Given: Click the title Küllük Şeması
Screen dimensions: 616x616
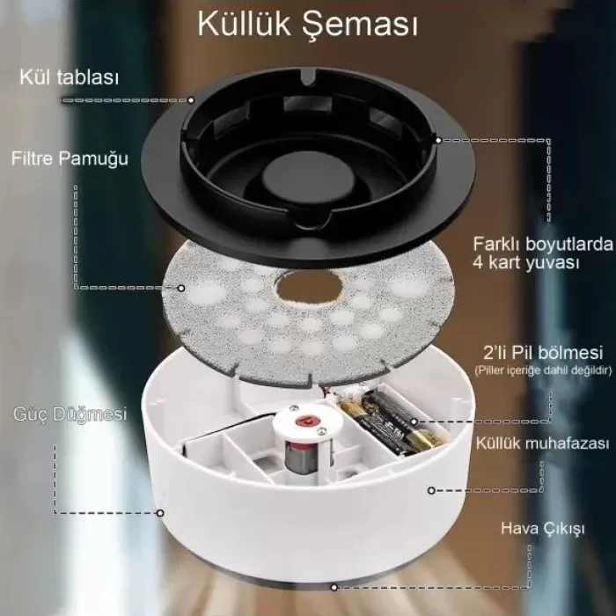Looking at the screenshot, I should [x=307, y=25].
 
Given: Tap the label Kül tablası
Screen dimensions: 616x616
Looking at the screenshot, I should [x=69, y=77].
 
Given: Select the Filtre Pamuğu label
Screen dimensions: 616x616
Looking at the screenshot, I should [x=70, y=159].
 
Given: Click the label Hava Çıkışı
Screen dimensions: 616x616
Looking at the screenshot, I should [x=531, y=528].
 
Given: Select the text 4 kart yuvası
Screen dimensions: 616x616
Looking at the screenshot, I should [x=516, y=260].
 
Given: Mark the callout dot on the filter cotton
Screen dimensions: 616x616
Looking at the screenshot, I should [x=182, y=287].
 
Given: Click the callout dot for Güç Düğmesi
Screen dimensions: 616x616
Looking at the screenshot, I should [x=160, y=512].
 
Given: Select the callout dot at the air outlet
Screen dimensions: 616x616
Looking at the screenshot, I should [x=334, y=584].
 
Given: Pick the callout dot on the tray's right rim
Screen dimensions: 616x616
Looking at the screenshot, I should [x=440, y=140].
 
